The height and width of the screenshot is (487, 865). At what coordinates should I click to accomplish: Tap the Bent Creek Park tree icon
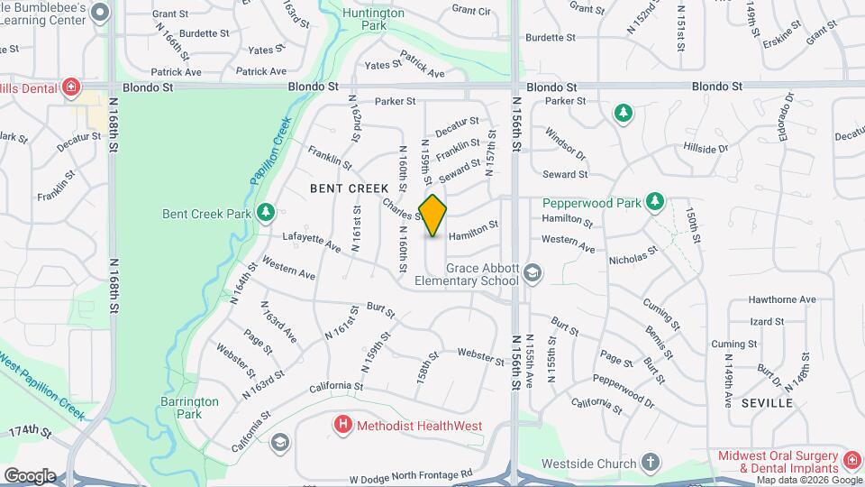[x=265, y=213]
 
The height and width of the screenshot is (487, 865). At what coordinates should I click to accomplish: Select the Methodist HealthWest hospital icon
[x=342, y=425]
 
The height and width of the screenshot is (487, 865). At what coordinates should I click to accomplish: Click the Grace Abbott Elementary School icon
[x=533, y=272]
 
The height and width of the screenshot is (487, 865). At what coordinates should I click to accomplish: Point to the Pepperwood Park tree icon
[x=657, y=202]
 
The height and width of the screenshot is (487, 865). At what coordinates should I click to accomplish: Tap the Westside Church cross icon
[x=651, y=464]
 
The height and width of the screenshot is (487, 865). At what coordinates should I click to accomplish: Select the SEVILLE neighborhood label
[x=767, y=403]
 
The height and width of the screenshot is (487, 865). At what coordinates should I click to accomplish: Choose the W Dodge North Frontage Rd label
[x=411, y=473]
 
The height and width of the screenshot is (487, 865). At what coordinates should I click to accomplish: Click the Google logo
[x=29, y=475]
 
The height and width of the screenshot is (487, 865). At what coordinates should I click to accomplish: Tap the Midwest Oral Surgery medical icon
[x=851, y=462]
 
